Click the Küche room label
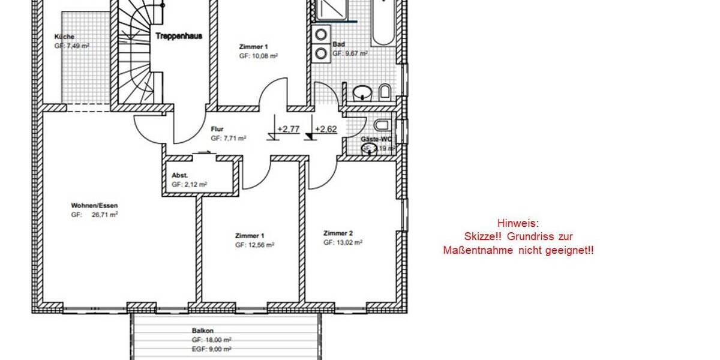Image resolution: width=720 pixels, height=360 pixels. [64, 36]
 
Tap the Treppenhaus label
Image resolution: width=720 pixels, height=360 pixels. [179, 36]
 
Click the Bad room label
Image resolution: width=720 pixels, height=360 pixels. [338, 44]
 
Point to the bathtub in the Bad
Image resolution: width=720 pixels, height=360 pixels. [382, 23]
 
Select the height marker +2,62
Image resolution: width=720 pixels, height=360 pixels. [325, 128]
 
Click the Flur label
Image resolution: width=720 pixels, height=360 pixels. [217, 128]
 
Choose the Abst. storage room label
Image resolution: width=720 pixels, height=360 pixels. [179, 176]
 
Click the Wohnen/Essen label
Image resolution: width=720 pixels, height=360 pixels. [90, 206]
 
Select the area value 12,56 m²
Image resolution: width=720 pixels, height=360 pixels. [260, 245]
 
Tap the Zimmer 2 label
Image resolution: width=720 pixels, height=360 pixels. [338, 233]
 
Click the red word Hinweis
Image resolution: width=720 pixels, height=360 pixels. [518, 223]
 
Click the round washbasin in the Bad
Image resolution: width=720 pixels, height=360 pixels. [362, 93]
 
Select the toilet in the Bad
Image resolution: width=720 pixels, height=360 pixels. [385, 92]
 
